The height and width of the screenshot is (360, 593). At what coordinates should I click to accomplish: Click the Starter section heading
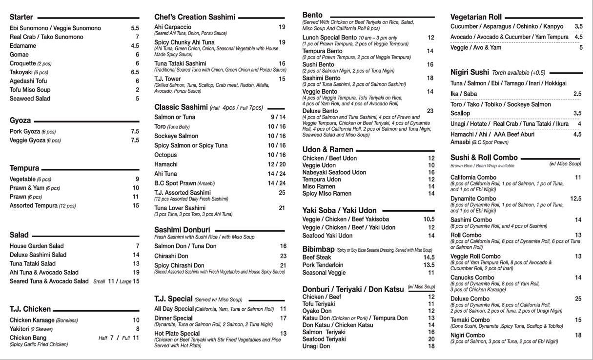pyautogui.click(x=21, y=18)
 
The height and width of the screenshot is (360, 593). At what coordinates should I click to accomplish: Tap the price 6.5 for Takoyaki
pyautogui.click(x=135, y=72)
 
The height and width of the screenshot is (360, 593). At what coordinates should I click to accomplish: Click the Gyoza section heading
pyautogui.click(x=20, y=120)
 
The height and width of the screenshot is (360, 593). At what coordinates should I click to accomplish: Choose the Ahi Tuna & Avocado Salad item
pyautogui.click(x=44, y=273)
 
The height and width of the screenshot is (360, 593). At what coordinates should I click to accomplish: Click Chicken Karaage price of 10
pyautogui.click(x=136, y=320)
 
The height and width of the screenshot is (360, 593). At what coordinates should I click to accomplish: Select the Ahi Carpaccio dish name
pyautogui.click(x=173, y=27)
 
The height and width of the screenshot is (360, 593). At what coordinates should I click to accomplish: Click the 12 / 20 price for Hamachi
pyautogui.click(x=277, y=164)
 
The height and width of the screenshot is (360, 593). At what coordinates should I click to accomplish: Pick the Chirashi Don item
pyautogui.click(x=171, y=256)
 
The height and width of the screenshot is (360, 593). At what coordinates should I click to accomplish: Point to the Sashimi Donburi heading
pyautogui.click(x=182, y=230)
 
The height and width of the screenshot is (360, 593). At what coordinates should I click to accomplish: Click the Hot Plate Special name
pyautogui.click(x=177, y=334)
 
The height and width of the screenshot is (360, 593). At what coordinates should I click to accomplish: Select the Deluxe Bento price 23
pyautogui.click(x=430, y=111)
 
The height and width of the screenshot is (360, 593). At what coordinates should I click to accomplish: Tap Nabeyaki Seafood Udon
pyautogui.click(x=334, y=173)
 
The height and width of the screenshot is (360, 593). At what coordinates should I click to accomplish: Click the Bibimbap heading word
pyautogui.click(x=317, y=249)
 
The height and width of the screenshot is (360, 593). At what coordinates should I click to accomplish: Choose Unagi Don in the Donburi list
pyautogui.click(x=316, y=346)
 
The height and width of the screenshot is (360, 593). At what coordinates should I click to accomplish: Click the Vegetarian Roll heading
pyautogui.click(x=476, y=18)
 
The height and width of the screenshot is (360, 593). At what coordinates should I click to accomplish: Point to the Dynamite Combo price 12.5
pyautogui.click(x=575, y=199)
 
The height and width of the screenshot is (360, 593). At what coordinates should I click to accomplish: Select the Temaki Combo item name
pyautogui.click(x=470, y=320)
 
